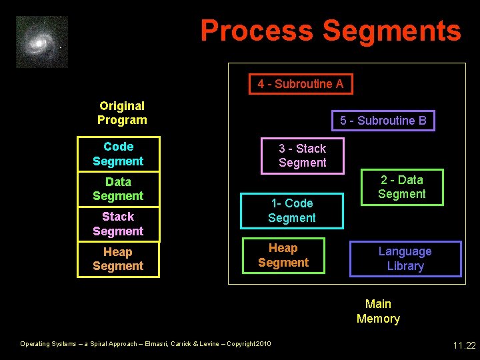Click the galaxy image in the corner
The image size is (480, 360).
point(42,42)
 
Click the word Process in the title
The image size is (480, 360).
point(257,31)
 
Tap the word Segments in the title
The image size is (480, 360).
point(391,31)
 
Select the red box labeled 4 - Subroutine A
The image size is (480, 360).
point(301,84)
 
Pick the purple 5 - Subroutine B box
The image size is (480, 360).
point(383,121)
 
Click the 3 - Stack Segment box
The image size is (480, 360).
point(303,155)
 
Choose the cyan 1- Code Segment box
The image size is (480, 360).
point(292,211)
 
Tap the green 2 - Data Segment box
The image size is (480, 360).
point(402,187)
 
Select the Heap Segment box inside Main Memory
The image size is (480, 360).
point(283,255)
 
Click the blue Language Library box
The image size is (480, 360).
point(405,259)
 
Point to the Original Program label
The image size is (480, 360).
point(122,113)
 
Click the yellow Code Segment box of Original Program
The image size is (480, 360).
point(119,154)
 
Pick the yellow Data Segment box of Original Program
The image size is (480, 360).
point(119,189)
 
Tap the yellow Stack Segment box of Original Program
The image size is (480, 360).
point(119,224)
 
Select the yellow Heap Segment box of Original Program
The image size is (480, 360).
point(119,259)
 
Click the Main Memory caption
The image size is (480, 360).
point(378,311)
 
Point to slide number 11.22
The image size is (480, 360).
point(464,345)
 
